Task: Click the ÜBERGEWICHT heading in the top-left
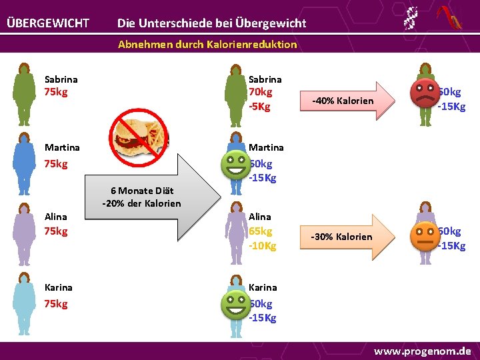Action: pos(48,23)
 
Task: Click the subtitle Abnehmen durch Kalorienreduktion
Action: pos(207,45)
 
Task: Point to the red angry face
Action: pos(424,94)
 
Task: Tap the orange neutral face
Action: pos(425,235)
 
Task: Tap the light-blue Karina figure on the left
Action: pos(25,303)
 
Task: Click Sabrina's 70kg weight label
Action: pos(260,92)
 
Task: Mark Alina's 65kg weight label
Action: pos(260,231)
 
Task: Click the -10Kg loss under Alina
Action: pos(262,246)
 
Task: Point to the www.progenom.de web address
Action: pos(422,351)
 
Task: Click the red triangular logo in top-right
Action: pos(449,18)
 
